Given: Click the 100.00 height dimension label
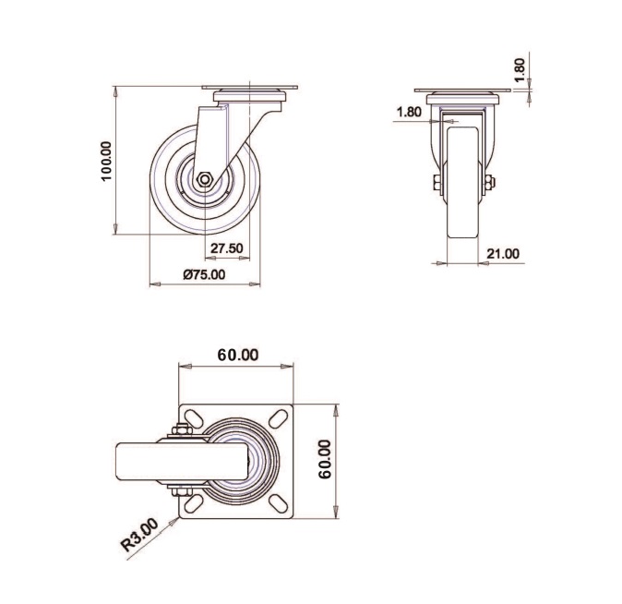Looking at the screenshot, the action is pyautogui.click(x=107, y=161).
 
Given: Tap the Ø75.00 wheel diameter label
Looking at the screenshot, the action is pyautogui.click(x=204, y=274).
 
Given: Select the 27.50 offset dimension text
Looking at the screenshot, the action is pyautogui.click(x=226, y=248).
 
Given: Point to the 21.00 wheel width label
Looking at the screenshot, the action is pyautogui.click(x=503, y=253).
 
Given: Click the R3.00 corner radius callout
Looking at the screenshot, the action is pyautogui.click(x=139, y=535).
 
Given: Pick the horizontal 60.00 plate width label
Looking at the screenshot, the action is pyautogui.click(x=238, y=355).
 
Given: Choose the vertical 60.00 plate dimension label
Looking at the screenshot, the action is pyautogui.click(x=325, y=459).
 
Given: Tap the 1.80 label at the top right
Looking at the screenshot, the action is pyautogui.click(x=520, y=69).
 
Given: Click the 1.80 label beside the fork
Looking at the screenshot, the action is pyautogui.click(x=409, y=112).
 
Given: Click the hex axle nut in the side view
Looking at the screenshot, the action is pyautogui.click(x=205, y=179).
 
